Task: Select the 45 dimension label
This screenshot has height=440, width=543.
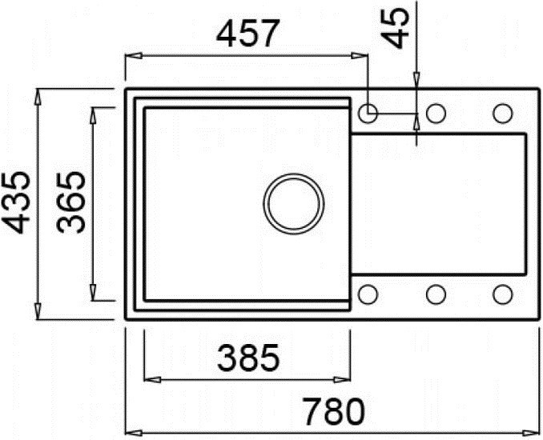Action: [397, 29]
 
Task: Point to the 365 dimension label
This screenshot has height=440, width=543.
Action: [74, 203]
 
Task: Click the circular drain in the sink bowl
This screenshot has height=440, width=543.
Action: [294, 202]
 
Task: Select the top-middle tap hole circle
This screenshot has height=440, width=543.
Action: [436, 114]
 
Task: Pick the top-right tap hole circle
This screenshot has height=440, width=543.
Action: [502, 114]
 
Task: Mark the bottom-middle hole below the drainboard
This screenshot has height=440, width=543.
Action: [436, 295]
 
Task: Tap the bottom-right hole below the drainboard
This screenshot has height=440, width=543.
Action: [502, 295]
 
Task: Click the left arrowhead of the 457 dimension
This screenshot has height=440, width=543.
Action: [131, 55]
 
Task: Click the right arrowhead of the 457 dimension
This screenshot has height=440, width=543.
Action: [363, 55]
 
